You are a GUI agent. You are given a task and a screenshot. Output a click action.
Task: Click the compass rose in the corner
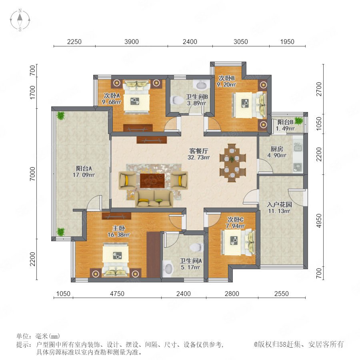[20, 20]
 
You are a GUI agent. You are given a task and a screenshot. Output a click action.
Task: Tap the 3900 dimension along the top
[132, 42]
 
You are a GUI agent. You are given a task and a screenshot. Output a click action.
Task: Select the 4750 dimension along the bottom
[117, 294]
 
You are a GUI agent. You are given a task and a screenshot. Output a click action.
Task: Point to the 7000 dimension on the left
[33, 174]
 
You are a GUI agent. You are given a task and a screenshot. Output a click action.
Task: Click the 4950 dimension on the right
[319, 221]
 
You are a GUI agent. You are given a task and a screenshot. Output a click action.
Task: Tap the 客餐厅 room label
[198, 151]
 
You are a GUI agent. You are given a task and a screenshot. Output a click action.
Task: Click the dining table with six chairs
[232, 163]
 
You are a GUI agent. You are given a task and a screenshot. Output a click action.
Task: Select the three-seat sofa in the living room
[154, 199]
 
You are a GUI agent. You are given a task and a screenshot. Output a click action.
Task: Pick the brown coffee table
[152, 180]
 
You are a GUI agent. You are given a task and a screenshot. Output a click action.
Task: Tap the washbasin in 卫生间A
[168, 268]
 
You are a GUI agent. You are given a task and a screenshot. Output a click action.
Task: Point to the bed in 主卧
[115, 259]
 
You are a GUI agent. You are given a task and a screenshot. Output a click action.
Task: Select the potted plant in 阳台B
[299, 120]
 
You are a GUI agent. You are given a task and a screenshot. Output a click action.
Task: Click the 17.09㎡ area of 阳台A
[84, 175]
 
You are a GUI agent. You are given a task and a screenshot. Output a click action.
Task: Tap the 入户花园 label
[279, 204]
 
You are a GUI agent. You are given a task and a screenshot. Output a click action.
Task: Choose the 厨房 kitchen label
[277, 149]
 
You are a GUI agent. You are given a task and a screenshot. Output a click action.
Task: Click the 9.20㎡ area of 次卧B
[226, 84]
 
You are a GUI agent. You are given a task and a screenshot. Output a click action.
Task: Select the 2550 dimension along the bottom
[282, 294]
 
